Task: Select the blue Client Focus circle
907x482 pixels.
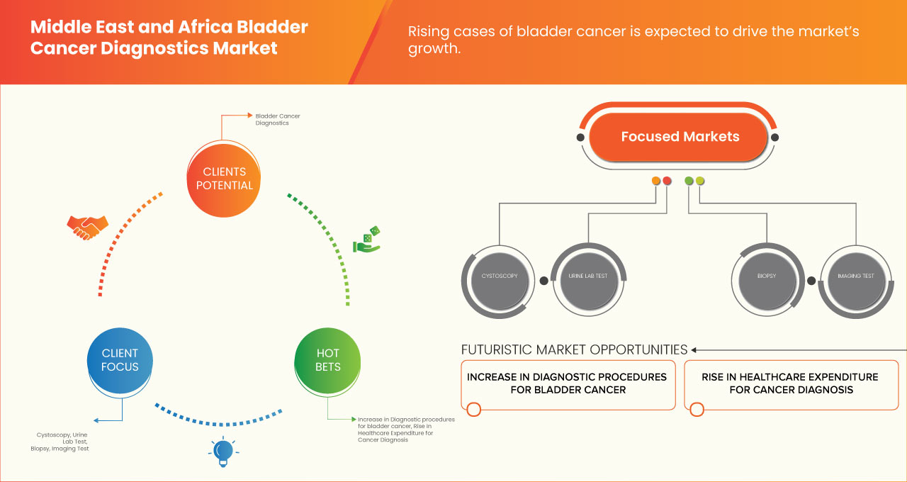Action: tap(120, 360)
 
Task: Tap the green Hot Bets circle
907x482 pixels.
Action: tap(327, 360)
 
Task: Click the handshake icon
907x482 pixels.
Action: tap(87, 227)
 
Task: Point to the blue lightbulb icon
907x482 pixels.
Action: tap(223, 452)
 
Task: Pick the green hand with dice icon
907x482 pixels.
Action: tap(367, 240)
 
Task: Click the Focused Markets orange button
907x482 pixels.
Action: tap(680, 137)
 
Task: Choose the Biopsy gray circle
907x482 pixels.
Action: tap(767, 276)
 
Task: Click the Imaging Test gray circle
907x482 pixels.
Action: tap(855, 276)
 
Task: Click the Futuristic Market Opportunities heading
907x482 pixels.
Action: tap(574, 349)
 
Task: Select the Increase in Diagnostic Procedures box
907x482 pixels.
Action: tap(567, 383)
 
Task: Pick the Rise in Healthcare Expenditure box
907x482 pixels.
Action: tap(789, 383)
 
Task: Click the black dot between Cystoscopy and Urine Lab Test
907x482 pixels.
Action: tap(543, 281)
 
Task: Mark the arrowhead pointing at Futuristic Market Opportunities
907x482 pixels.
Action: tap(694, 349)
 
